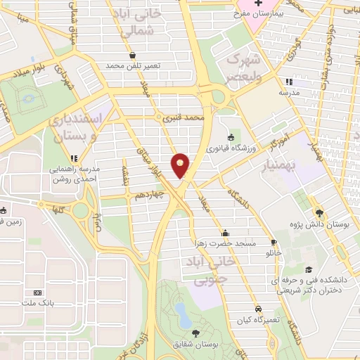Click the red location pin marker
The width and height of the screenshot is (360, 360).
click(x=181, y=166)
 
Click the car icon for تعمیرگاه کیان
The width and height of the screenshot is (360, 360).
click(x=259, y=309)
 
